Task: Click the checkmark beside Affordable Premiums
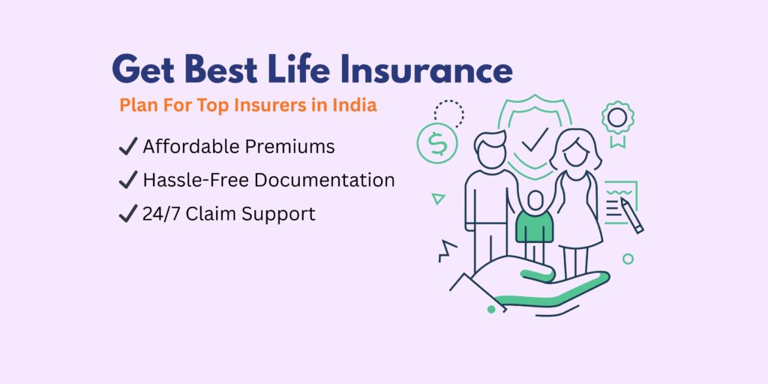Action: pos(127,147)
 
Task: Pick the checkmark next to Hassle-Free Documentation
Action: pos(127,180)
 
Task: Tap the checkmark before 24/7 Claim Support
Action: pos(127,214)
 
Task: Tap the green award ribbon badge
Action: pos(617,120)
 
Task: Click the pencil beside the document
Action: pos(631,215)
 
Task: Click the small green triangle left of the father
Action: pos(438,199)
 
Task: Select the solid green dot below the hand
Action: pos(491,308)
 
